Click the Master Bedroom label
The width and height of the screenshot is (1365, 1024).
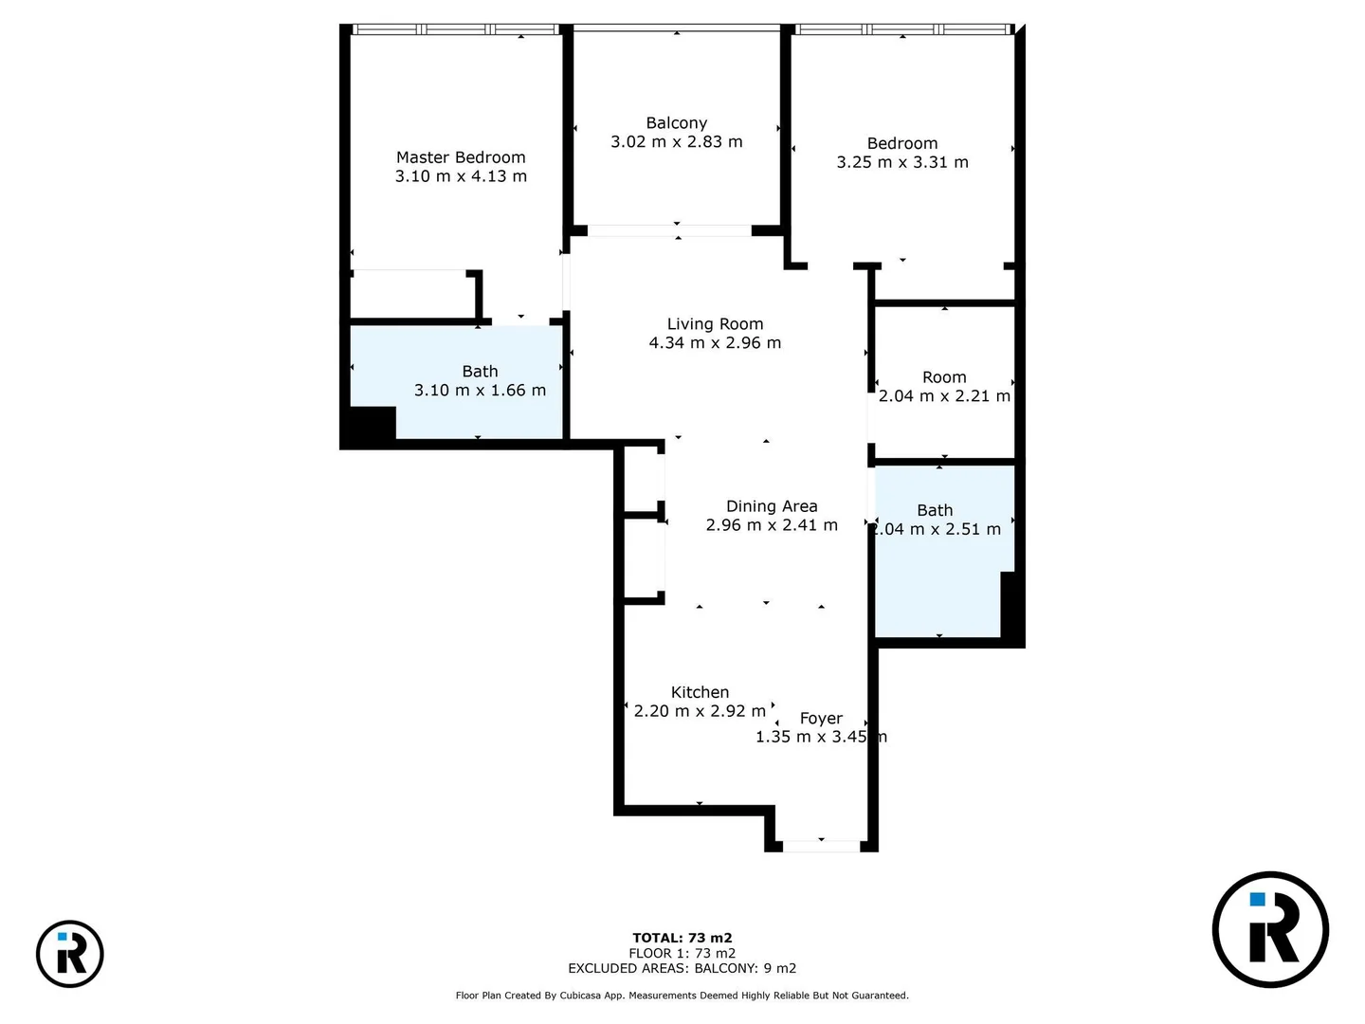coord(461,157)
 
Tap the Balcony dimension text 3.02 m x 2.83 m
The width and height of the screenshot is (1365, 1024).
coord(676,142)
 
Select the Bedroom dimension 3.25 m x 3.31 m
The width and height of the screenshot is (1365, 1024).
coord(901,162)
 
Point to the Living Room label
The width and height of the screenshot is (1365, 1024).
coord(715,324)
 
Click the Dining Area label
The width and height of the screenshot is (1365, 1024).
coord(772,506)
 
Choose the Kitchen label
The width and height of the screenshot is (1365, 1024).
coord(700,693)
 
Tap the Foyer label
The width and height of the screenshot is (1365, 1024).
coord(821,719)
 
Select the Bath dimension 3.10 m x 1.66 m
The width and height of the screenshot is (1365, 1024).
coord(480,391)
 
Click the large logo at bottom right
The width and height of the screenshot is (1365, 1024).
coord(1270,929)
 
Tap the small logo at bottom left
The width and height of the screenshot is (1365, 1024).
coord(70,954)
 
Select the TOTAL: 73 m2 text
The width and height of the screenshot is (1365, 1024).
coord(682,938)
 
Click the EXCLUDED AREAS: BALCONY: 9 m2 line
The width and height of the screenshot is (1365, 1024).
coord(682,968)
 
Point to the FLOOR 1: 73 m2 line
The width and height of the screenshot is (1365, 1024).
coord(682,953)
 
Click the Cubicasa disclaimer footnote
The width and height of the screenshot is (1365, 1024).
coord(682,996)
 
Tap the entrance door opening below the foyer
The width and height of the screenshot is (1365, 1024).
coord(821,846)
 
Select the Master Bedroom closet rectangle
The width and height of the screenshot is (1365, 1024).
coord(412,295)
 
